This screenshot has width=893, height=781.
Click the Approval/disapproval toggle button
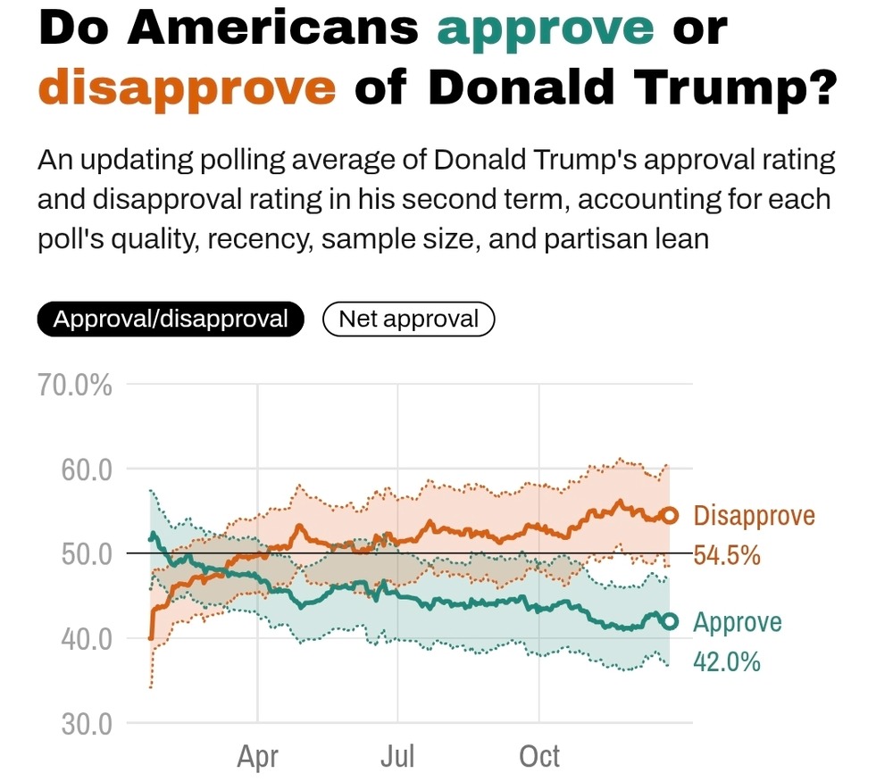[171, 319]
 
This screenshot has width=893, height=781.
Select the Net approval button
[408, 319]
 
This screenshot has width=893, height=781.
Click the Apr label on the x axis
[257, 757]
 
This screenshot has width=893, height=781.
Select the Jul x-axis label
[397, 757]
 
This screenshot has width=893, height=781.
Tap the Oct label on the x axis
[539, 757]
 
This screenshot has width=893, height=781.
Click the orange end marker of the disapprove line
[669, 516]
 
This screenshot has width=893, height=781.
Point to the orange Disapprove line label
[754, 516]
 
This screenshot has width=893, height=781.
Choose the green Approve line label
[737, 622]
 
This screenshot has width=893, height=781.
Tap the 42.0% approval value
[727, 662]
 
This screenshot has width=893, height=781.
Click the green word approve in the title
[546, 29]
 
